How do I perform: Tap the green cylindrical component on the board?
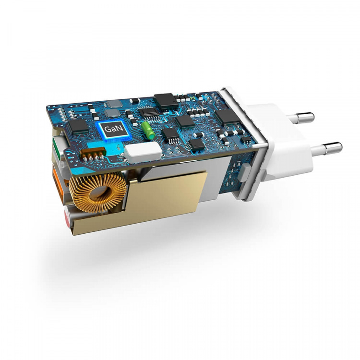tap(148, 128)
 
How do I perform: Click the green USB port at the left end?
tap(56, 144)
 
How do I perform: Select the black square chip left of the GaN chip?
tap(76, 127)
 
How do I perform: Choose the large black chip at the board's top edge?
tap(166, 100)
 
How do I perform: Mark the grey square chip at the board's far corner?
tap(114, 103)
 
